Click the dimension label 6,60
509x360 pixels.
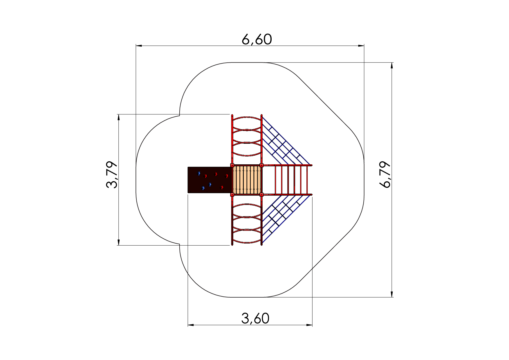point(257,39)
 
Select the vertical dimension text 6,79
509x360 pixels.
point(385,175)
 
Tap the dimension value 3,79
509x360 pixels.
point(112,174)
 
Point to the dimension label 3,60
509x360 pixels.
point(255,318)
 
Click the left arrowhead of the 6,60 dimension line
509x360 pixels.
point(139,46)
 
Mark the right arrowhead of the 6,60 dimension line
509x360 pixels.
point(361,46)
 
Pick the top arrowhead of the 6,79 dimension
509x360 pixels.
point(392,66)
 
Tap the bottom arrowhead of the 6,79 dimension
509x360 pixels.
point(392,294)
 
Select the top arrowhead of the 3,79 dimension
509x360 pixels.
point(118,117)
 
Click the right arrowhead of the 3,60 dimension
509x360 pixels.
point(309,325)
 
